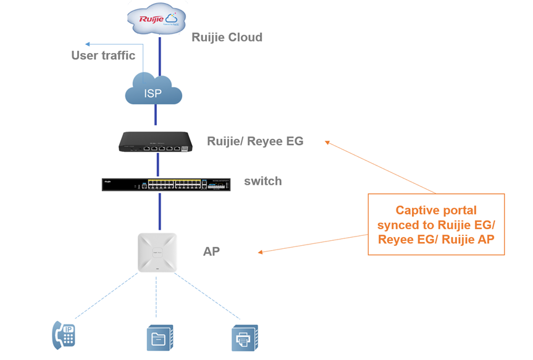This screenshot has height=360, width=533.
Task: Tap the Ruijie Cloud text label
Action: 227,37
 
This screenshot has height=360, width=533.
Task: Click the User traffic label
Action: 103,56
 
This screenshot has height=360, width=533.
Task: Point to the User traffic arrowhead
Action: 88,44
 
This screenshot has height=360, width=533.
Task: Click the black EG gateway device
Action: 157,143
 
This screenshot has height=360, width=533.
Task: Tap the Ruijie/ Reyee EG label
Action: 255,141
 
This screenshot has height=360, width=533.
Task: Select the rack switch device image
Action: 166,184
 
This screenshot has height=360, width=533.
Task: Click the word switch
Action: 262,181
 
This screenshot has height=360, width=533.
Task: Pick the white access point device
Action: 157,253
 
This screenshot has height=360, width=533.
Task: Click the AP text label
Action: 211,251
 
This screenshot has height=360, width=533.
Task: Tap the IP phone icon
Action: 63,335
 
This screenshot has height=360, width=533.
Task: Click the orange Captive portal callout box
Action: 435,225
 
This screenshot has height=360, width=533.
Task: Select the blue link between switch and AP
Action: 159,212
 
